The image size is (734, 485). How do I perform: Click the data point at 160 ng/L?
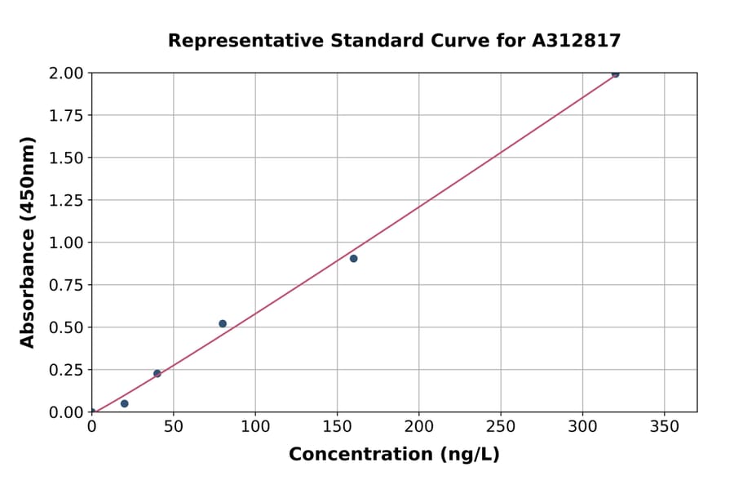click(353, 258)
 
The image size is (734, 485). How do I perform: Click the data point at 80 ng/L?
click(223, 323)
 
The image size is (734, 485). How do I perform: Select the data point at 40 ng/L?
click(157, 373)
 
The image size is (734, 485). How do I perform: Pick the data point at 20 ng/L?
click(124, 403)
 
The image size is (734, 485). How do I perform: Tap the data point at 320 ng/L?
click(615, 73)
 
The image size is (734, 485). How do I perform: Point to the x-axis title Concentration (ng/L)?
click(394, 454)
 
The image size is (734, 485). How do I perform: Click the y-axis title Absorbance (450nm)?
click(28, 242)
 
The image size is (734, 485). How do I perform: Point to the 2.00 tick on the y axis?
click(66, 73)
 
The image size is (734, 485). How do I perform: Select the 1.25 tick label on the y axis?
click(66, 200)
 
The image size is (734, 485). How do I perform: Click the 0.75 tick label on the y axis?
click(66, 285)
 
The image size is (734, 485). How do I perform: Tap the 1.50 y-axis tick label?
click(66, 158)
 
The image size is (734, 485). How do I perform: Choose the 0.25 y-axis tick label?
click(66, 370)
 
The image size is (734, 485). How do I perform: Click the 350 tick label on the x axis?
click(664, 427)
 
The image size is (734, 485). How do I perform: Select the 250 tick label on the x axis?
click(501, 427)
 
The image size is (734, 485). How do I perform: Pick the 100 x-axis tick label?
click(255, 427)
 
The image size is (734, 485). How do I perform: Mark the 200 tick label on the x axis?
click(419, 427)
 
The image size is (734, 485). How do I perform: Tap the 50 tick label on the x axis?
click(174, 427)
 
